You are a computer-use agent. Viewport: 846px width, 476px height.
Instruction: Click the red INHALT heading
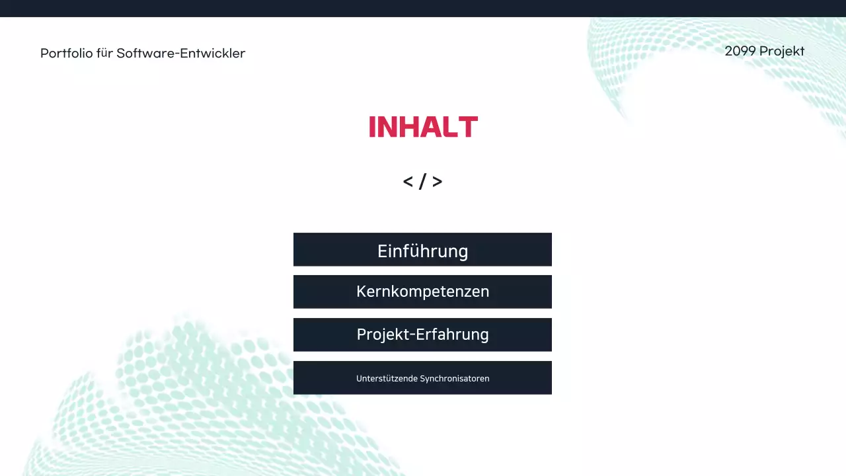pyautogui.click(x=423, y=127)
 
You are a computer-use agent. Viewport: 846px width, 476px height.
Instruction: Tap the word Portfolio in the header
pyautogui.click(x=67, y=54)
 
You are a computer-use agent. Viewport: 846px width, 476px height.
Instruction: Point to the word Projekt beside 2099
pyautogui.click(x=782, y=52)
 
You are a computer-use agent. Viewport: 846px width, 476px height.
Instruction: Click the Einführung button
pyautogui.click(x=422, y=250)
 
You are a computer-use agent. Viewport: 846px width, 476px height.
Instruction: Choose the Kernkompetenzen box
pyautogui.click(x=422, y=292)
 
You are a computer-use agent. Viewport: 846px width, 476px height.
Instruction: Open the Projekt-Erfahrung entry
pyautogui.click(x=422, y=335)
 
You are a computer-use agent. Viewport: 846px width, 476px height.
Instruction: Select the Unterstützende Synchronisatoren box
pyautogui.click(x=422, y=377)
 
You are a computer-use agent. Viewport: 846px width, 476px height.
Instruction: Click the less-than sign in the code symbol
pyautogui.click(x=408, y=182)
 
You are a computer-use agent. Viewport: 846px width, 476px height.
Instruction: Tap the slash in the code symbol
pyautogui.click(x=423, y=182)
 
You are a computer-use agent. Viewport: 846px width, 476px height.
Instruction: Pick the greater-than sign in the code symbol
pyautogui.click(x=438, y=182)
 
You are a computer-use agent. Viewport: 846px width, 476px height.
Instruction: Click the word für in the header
pyautogui.click(x=105, y=54)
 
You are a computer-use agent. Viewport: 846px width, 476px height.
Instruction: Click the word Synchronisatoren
pyautogui.click(x=455, y=379)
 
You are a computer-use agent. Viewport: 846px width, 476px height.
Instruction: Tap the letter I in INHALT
pyautogui.click(x=372, y=127)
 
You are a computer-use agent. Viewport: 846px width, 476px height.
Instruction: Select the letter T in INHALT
pyautogui.click(x=469, y=127)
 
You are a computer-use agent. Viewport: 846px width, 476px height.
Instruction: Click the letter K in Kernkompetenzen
pyautogui.click(x=361, y=292)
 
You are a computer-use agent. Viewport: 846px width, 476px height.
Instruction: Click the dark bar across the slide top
pyautogui.click(x=423, y=8)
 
